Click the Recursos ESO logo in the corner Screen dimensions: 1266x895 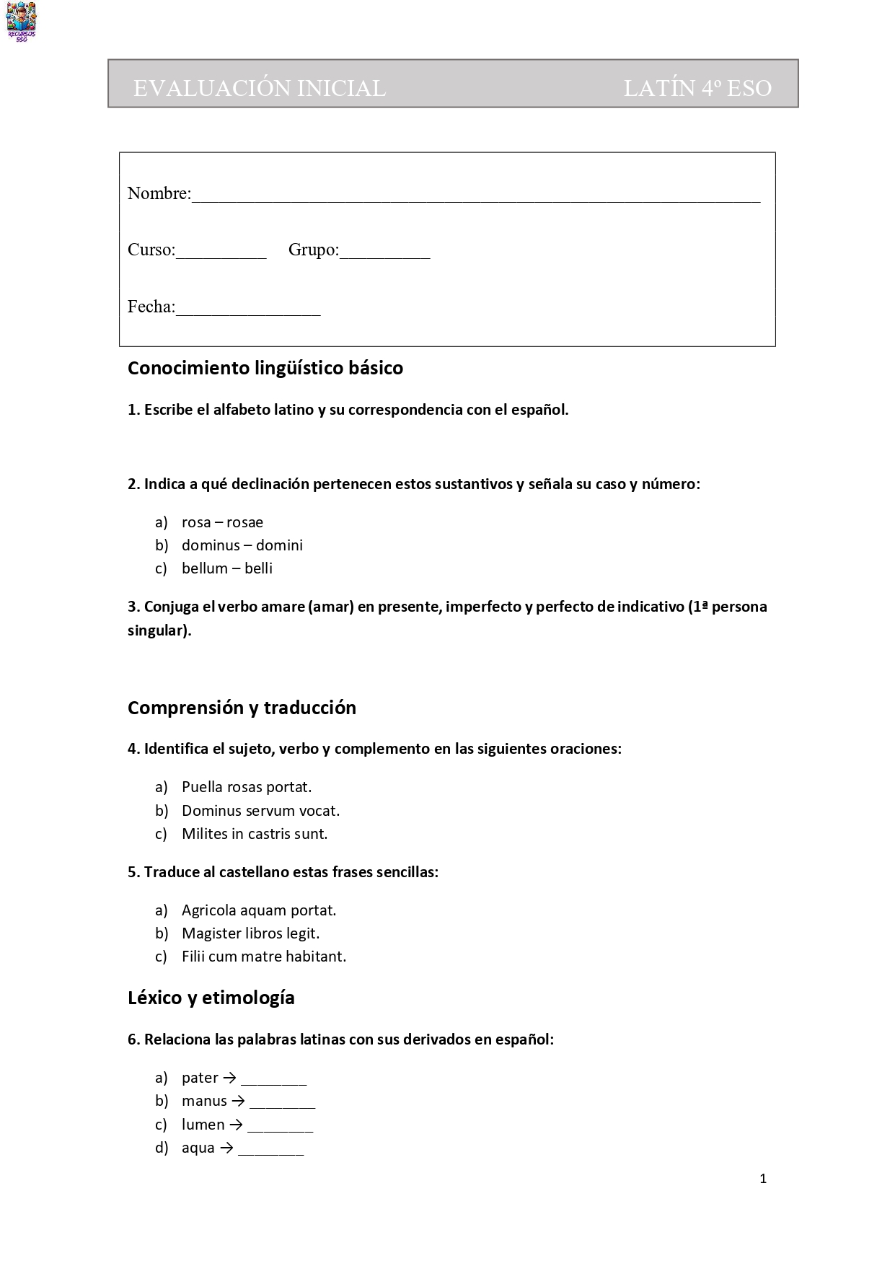22,22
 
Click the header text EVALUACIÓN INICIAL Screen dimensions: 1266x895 260,88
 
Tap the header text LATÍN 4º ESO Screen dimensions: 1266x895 697,88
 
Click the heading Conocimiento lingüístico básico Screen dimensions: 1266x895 265,368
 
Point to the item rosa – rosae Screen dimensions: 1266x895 222,522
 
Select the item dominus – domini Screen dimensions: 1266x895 242,545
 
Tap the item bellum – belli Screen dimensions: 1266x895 227,568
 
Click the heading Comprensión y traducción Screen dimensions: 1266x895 242,708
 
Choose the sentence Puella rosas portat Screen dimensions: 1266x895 247,787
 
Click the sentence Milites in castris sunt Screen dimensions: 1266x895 255,834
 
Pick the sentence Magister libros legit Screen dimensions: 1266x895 250,933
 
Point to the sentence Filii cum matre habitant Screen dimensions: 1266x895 264,957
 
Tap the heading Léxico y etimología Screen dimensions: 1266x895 211,998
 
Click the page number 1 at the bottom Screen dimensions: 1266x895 763,1179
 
